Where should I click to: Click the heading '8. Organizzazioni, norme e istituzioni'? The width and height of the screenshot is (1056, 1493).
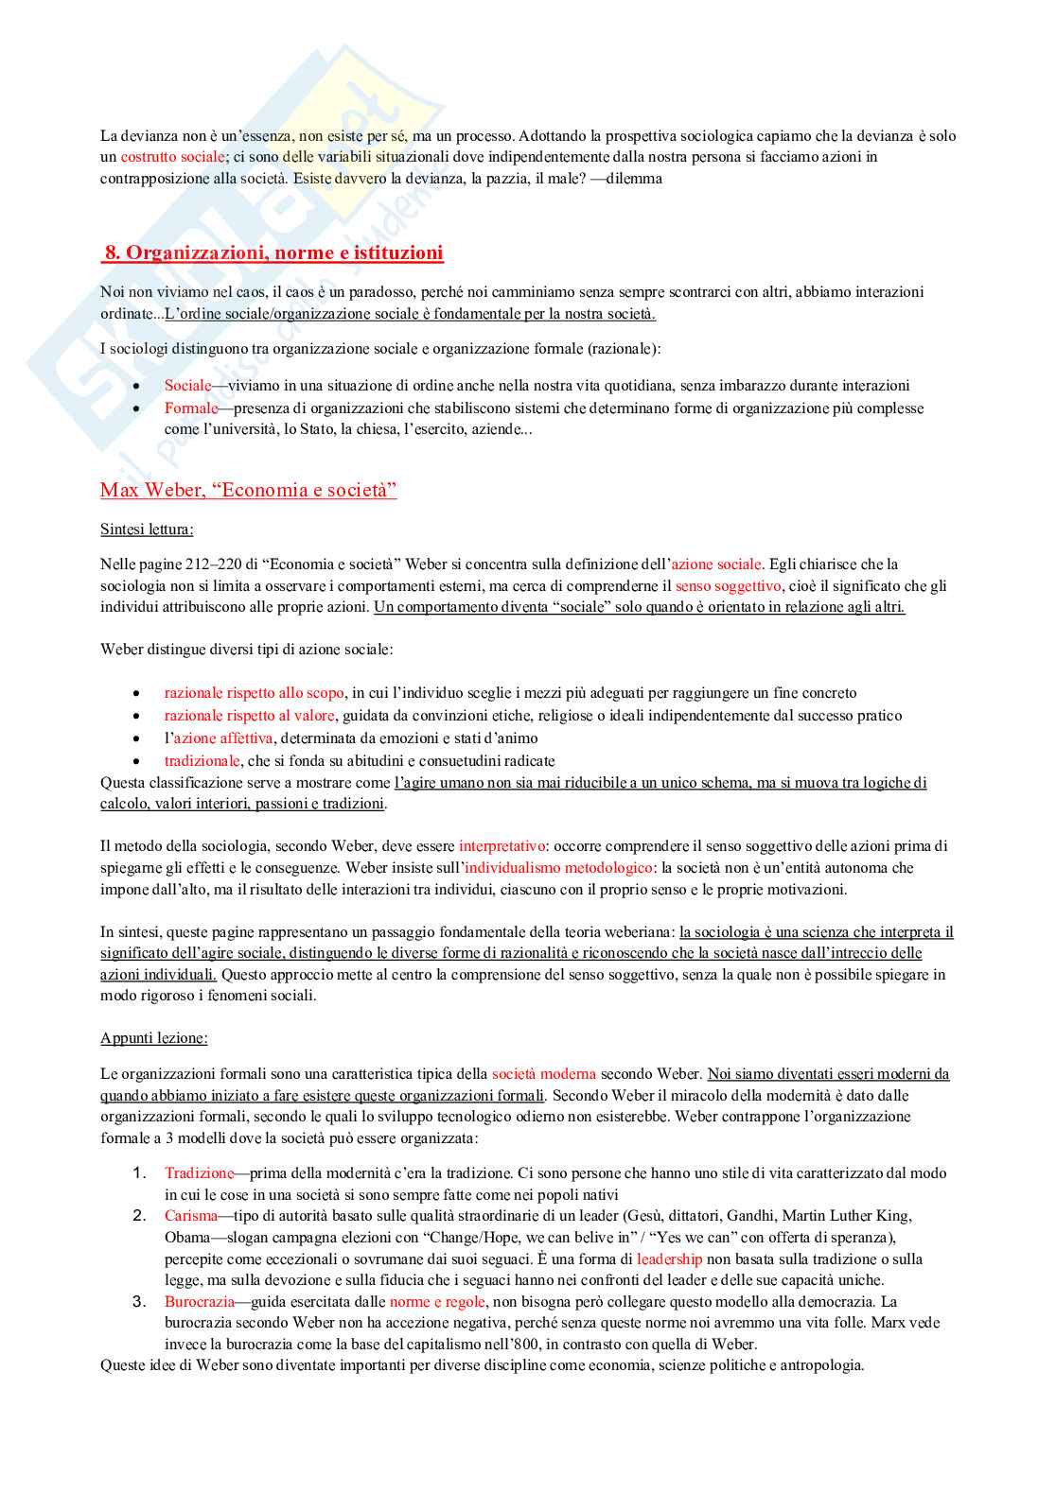pyautogui.click(x=273, y=252)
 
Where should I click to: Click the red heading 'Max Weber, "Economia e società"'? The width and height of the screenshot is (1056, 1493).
pyautogui.click(x=248, y=490)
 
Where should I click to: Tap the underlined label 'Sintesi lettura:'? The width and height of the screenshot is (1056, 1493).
pyautogui.click(x=147, y=529)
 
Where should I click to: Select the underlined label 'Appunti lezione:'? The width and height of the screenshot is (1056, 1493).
pyautogui.click(x=153, y=1038)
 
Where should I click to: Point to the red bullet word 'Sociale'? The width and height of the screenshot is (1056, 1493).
pyautogui.click(x=187, y=386)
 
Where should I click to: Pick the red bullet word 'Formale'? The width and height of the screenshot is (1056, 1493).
pyautogui.click(x=191, y=408)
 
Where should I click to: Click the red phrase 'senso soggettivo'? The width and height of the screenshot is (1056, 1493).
pyautogui.click(x=728, y=586)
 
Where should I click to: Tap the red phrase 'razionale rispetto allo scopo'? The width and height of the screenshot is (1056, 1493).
pyautogui.click(x=254, y=693)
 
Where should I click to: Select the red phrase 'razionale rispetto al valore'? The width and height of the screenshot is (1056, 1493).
pyautogui.click(x=249, y=716)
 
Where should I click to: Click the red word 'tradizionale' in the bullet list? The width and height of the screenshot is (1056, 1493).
pyautogui.click(x=202, y=761)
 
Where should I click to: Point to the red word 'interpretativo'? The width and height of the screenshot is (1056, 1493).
pyautogui.click(x=502, y=846)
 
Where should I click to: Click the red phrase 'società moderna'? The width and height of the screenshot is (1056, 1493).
pyautogui.click(x=543, y=1074)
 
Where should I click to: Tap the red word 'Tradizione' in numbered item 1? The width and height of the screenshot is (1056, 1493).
pyautogui.click(x=199, y=1173)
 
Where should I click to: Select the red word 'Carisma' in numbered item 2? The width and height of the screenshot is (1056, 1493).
pyautogui.click(x=190, y=1216)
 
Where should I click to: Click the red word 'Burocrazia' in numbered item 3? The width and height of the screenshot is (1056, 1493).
pyautogui.click(x=199, y=1302)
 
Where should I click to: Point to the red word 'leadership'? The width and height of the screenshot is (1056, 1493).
pyautogui.click(x=669, y=1259)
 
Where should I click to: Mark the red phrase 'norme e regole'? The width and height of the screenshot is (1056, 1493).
pyautogui.click(x=436, y=1302)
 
